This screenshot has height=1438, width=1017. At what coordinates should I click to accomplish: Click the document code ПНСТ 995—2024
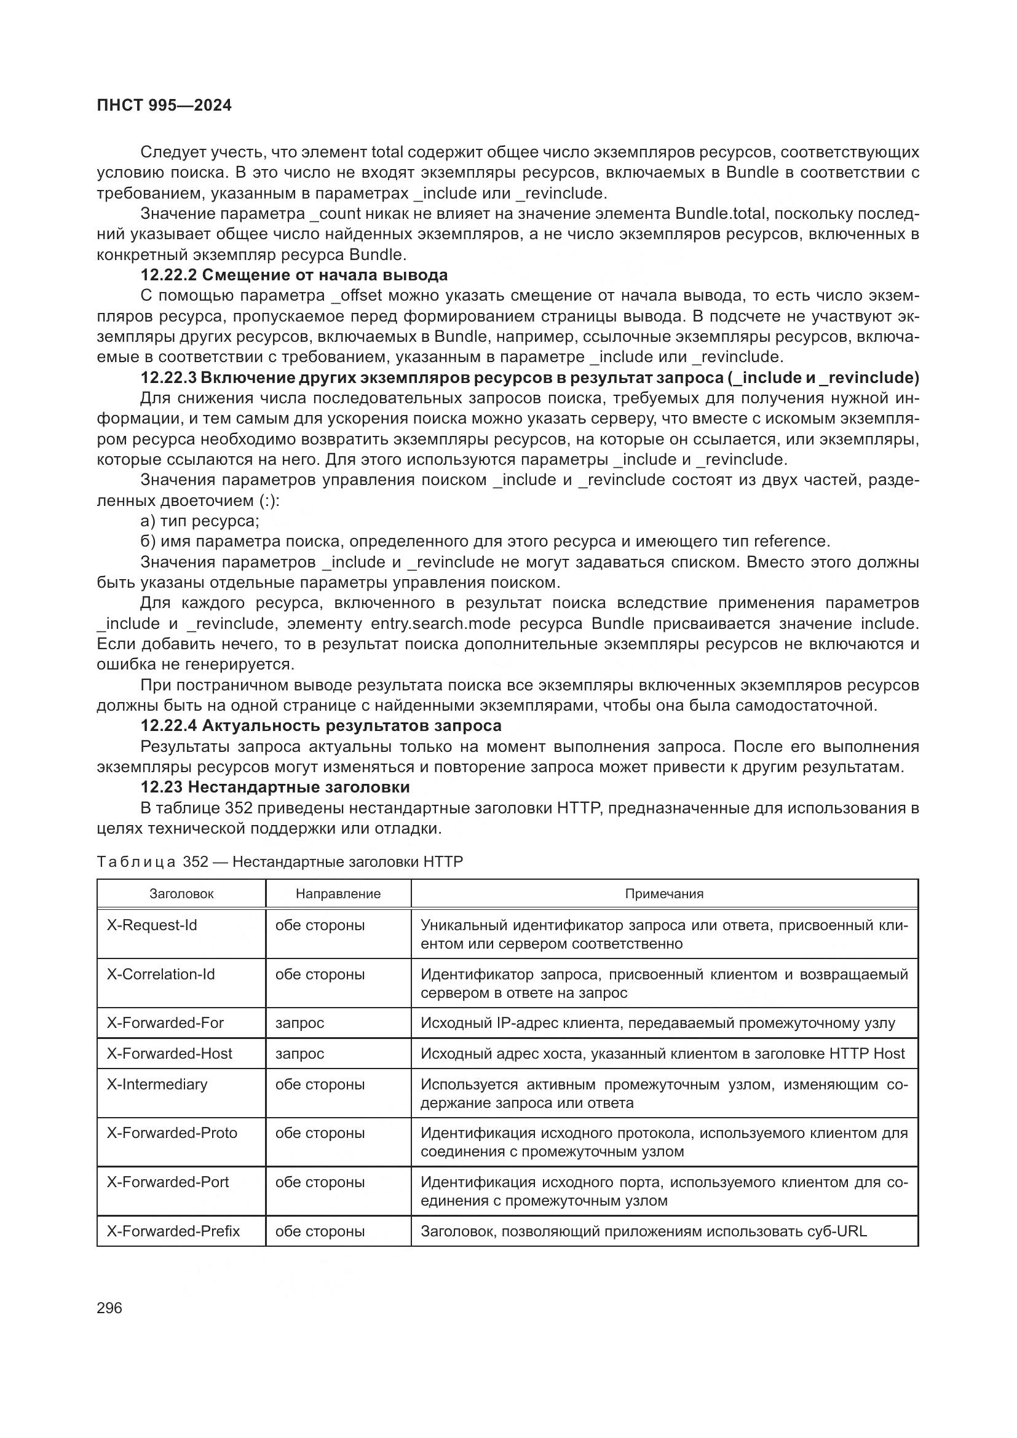(x=164, y=105)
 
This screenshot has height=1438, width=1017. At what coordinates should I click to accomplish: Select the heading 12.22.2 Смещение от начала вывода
(x=294, y=275)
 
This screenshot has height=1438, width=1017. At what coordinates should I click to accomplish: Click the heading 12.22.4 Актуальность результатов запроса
(x=320, y=725)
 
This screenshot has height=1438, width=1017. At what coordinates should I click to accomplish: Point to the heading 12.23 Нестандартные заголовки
(x=275, y=787)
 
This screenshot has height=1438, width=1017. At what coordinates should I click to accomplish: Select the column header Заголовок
(x=181, y=894)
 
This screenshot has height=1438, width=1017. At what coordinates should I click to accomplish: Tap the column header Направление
(x=338, y=894)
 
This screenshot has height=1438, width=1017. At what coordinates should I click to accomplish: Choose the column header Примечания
(x=664, y=894)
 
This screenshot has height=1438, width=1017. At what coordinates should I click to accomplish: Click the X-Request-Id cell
(x=151, y=925)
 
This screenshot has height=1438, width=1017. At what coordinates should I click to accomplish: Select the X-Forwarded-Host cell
(x=169, y=1054)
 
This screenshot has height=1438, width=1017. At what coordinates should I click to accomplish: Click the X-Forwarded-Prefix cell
(x=173, y=1231)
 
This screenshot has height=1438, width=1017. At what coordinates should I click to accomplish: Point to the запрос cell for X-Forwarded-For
(x=299, y=1023)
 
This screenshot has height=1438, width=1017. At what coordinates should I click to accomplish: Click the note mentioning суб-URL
(x=643, y=1231)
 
